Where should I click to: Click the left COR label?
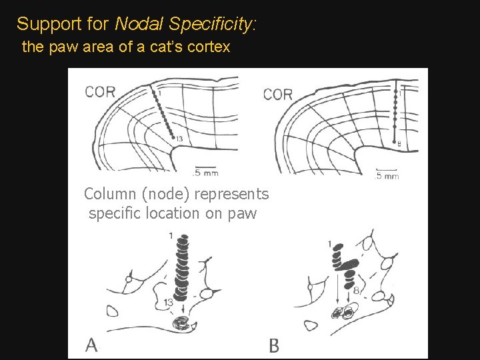(x=100, y=93)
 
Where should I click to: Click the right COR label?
(x=278, y=95)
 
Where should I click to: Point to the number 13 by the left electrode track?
(x=179, y=138)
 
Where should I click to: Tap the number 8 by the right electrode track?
(x=399, y=143)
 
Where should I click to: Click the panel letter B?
(x=273, y=345)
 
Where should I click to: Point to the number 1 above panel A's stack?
(x=171, y=235)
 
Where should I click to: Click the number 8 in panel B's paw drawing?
(x=356, y=290)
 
